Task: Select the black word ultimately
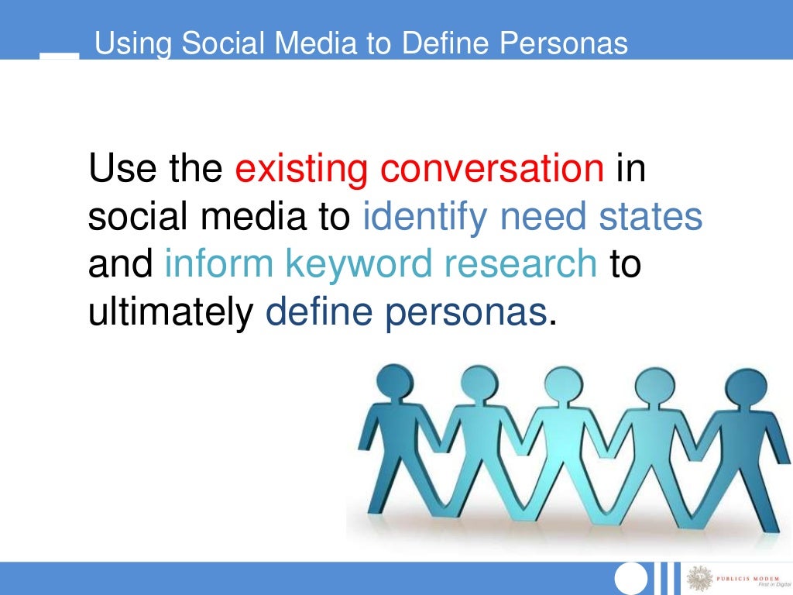pos(171,313)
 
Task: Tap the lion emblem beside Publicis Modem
pos(702,578)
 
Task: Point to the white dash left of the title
pos(59,55)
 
